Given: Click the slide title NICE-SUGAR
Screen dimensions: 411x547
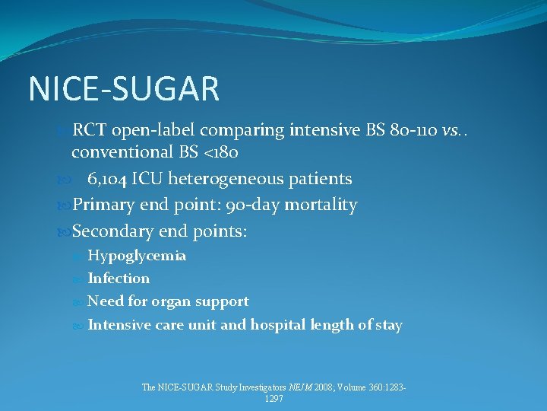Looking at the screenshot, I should tap(124, 88).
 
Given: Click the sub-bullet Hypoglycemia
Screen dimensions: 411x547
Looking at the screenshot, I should tap(137, 256).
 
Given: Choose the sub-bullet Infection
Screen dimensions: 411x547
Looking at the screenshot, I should tap(119, 279).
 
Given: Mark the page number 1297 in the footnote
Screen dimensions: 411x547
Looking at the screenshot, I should tap(273, 399).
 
